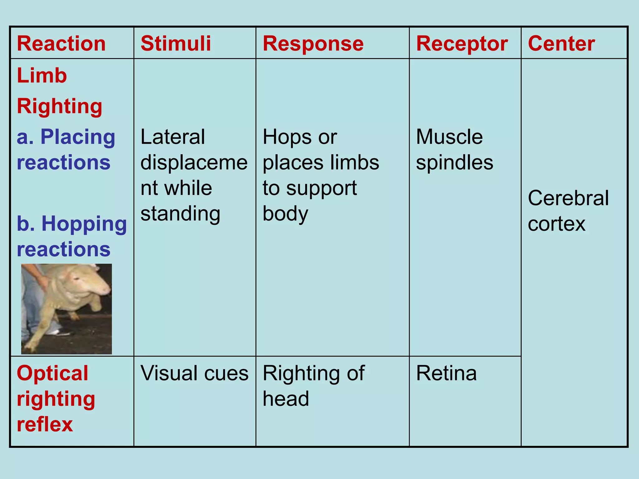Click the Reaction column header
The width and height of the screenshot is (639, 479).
[x=61, y=43]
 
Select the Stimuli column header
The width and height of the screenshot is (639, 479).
[x=176, y=43]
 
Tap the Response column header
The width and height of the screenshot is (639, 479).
[x=313, y=43]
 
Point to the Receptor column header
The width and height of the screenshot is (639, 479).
[x=462, y=43]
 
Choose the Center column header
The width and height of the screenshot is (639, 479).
[x=561, y=43]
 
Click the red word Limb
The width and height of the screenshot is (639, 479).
[x=42, y=75]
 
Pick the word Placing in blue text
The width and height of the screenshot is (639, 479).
[x=78, y=137]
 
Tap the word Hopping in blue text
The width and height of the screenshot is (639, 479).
[x=84, y=224]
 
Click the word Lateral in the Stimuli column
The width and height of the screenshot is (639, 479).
[x=173, y=137]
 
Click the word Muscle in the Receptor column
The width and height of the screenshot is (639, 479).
[x=449, y=137]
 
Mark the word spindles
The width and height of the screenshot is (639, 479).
[x=455, y=162]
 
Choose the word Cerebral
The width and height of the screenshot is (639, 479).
[x=568, y=198]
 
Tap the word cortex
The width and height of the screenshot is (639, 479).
[x=557, y=224]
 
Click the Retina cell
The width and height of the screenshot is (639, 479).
[x=446, y=373]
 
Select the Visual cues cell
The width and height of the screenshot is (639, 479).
[x=194, y=373]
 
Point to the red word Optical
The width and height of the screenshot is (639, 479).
[x=52, y=373]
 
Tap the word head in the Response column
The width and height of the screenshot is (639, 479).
[x=286, y=399]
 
